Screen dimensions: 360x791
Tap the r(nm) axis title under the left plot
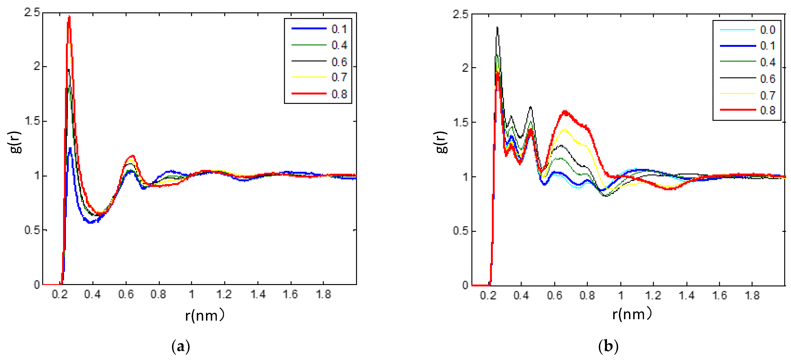coord(205,315)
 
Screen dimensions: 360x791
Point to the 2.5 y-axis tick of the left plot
coord(32,13)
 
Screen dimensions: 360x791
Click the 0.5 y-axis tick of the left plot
coord(32,230)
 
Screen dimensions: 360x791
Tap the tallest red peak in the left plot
coord(69,17)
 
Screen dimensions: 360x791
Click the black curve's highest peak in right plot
coord(497,27)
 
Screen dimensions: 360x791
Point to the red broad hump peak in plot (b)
coord(565,111)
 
